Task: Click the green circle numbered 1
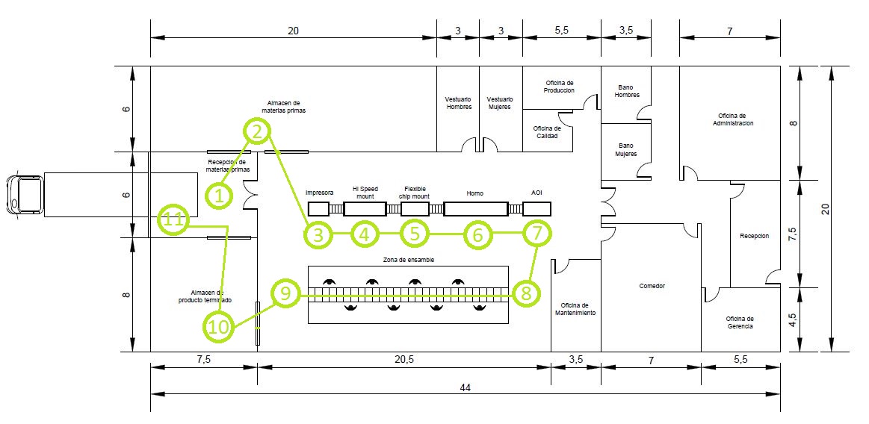point(220,196)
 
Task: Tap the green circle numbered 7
point(536,234)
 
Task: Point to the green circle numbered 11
point(173,220)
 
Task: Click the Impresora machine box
point(319,208)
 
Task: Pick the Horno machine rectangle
point(475,208)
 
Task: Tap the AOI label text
point(536,193)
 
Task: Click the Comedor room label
point(652,286)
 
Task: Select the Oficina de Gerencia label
point(740,322)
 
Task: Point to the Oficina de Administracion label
point(732,119)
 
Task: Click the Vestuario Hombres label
point(459,102)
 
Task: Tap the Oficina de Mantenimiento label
point(575,309)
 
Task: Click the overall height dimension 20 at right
point(824,208)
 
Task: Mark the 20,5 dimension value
point(403,359)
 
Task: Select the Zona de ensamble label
point(408,260)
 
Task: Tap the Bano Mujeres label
point(625,149)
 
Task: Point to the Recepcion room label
point(754,234)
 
